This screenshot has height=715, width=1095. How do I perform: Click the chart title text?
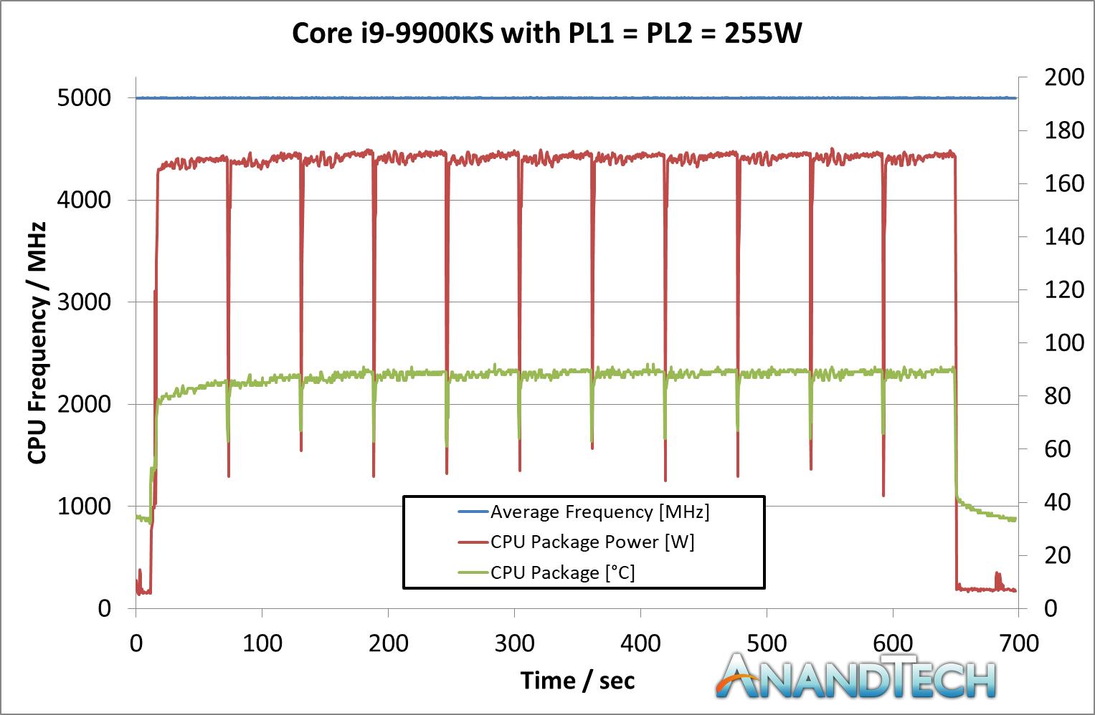(x=546, y=34)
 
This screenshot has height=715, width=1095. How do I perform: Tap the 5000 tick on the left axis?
(x=84, y=97)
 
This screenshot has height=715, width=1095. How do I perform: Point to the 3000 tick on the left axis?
(x=84, y=302)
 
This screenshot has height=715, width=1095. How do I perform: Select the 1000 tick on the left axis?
(x=84, y=506)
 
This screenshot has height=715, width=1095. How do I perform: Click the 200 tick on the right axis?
(x=1064, y=77)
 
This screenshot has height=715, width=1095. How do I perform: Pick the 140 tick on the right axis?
(x=1064, y=236)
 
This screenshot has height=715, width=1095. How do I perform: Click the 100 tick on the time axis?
(x=262, y=643)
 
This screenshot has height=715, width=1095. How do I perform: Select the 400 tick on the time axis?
(x=640, y=643)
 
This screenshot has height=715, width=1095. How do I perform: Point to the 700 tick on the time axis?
(x=1018, y=643)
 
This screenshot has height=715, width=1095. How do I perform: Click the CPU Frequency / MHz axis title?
(x=37, y=342)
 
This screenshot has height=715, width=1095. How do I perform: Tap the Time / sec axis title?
(x=577, y=680)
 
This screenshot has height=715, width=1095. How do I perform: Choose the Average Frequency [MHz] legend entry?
(x=599, y=512)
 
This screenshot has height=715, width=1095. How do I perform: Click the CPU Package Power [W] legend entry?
(x=592, y=542)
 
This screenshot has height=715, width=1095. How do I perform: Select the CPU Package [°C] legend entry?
(x=562, y=572)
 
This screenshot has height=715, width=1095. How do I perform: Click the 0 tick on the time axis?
(x=136, y=643)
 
